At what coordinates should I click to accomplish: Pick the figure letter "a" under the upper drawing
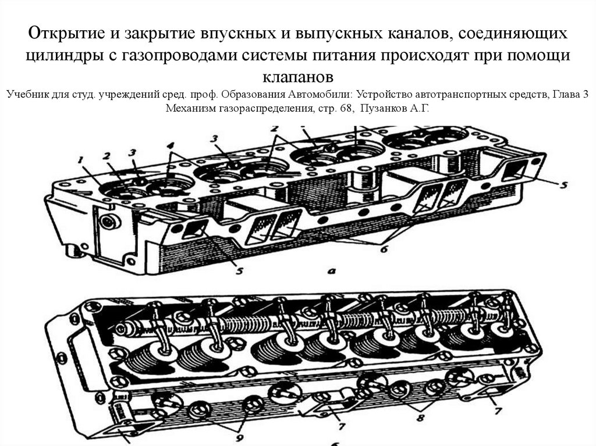pos(331,271)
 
